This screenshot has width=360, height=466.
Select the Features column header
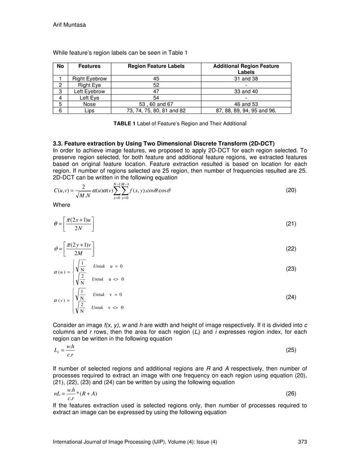click(x=89, y=67)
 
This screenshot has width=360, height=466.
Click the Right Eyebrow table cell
click(x=89, y=79)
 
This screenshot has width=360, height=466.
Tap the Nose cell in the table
click(x=89, y=104)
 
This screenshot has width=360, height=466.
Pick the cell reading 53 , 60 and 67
click(x=156, y=104)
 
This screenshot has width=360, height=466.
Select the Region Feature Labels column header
click(x=156, y=67)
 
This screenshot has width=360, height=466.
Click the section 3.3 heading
click(x=164, y=144)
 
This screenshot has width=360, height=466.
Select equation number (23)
click(x=291, y=269)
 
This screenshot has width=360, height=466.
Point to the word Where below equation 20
click(x=62, y=205)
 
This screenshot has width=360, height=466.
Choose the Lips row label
click(x=89, y=111)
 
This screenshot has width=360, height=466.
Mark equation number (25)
click(x=291, y=350)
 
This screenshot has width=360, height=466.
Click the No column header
click(x=60, y=67)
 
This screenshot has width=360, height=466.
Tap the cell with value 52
click(x=156, y=85)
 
